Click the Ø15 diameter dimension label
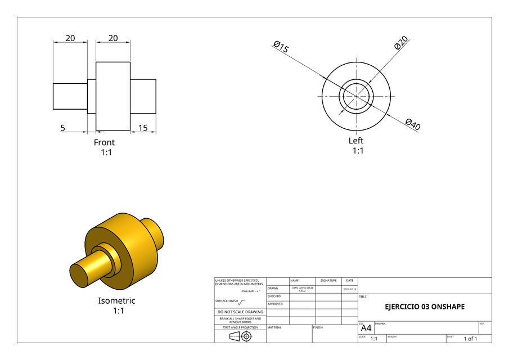(x=281, y=47)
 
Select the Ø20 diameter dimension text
(x=401, y=43)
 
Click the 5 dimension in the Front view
(x=63, y=128)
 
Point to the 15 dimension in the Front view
(x=143, y=128)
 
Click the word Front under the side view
(x=104, y=142)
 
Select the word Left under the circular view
(x=356, y=141)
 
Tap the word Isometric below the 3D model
(x=116, y=300)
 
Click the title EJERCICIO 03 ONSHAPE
(x=425, y=307)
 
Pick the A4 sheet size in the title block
(x=366, y=328)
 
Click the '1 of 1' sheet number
(x=470, y=339)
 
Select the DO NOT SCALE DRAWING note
(x=240, y=312)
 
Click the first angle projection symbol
(x=240, y=336)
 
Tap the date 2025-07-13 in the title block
(x=350, y=289)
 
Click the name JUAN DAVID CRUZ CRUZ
(x=302, y=289)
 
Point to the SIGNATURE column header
(x=328, y=280)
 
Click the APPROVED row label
(x=275, y=304)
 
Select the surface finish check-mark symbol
(x=242, y=301)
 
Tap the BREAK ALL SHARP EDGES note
(x=240, y=320)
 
